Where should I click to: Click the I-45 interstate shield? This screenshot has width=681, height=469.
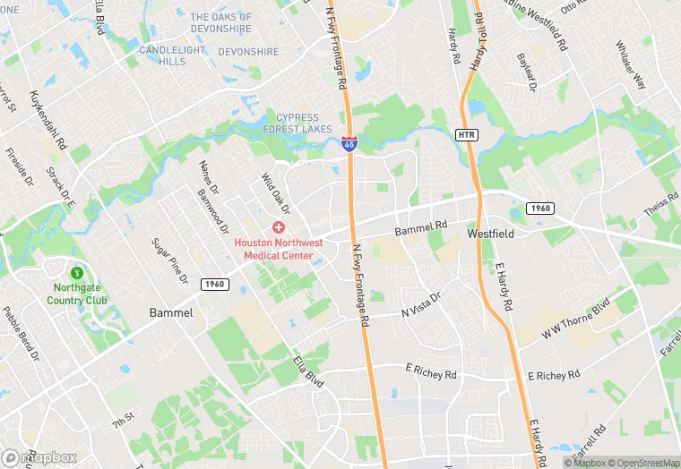click(349, 142)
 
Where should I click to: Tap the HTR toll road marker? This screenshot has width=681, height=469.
click(466, 134)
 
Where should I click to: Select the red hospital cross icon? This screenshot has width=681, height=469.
click(279, 228)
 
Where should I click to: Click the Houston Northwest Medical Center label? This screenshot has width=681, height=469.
click(280, 249)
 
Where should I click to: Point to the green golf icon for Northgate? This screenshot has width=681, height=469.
click(77, 272)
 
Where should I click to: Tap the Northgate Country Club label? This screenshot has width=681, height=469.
click(78, 294)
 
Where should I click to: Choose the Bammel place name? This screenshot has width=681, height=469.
click(169, 312)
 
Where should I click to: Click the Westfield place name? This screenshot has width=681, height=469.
click(491, 233)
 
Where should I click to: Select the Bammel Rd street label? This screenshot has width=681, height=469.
click(421, 230)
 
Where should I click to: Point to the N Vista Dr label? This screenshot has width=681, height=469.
click(421, 304)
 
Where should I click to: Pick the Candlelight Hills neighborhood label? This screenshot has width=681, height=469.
click(172, 55)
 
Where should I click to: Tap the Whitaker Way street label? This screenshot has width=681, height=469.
click(631, 64)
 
